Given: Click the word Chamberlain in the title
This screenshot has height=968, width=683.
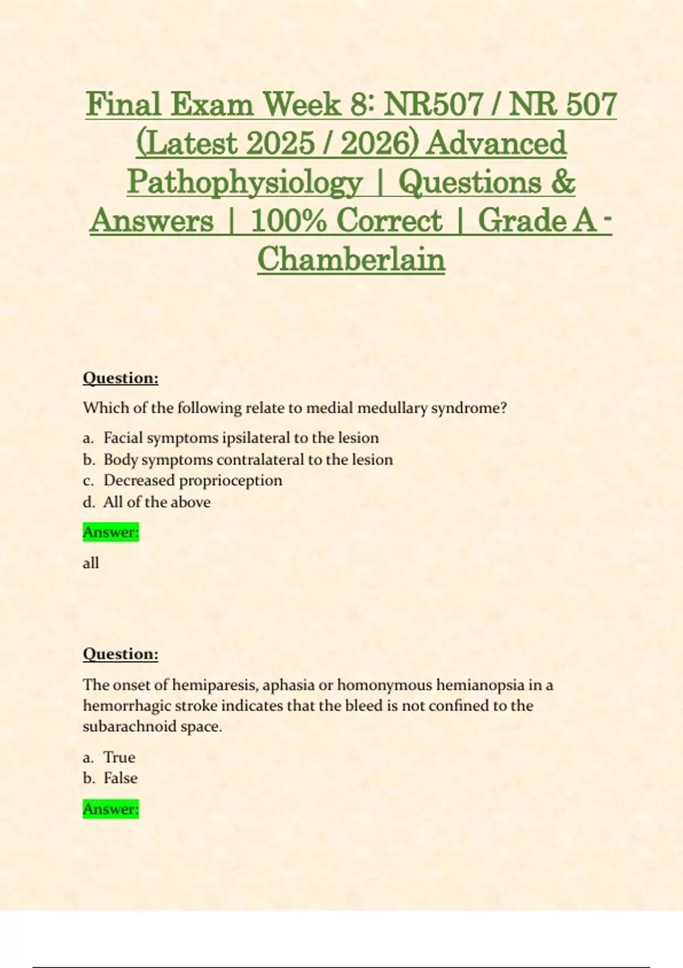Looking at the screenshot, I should [x=351, y=260].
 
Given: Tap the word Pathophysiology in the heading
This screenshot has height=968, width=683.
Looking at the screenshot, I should [x=245, y=183].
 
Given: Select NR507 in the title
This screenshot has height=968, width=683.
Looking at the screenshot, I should [x=433, y=105].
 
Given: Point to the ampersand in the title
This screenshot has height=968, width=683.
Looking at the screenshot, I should [x=563, y=183].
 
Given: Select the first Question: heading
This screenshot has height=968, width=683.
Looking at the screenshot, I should [x=120, y=378].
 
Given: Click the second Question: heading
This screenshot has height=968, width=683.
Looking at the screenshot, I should [x=120, y=654].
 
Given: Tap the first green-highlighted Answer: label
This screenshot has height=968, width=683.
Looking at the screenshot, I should [x=110, y=532].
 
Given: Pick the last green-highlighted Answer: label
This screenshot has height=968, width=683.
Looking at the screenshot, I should [x=110, y=809].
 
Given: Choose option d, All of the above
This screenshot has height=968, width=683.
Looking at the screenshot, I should [x=157, y=502].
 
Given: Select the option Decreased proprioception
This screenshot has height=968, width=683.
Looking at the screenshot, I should [x=192, y=481].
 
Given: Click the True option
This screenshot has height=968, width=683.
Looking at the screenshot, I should [x=119, y=757].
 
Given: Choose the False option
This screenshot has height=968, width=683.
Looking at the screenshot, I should [x=120, y=778].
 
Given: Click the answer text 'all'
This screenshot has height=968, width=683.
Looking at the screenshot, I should [x=91, y=563].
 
